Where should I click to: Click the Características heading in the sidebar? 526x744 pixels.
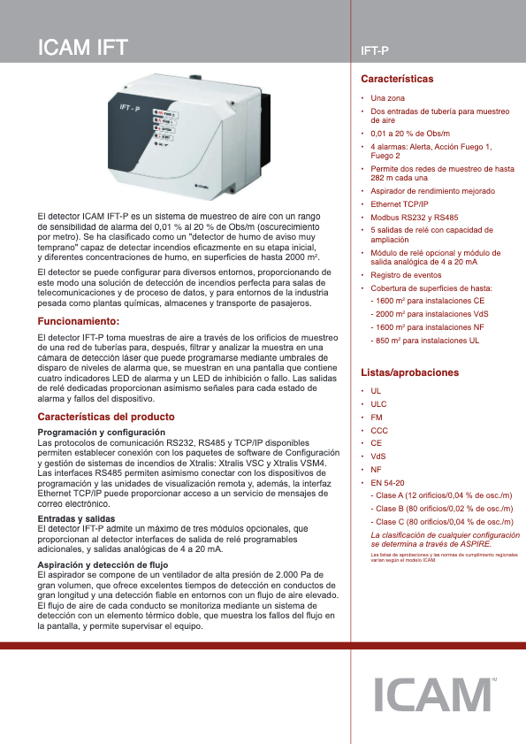pos(398,80)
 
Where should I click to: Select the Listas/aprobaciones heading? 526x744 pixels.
pos(410,372)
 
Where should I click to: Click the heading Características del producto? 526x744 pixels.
pos(105,417)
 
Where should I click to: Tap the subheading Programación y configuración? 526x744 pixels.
pos(101,431)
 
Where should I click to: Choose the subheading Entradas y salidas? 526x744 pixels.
pos(76,518)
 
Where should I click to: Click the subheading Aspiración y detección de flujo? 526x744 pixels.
pos(103,563)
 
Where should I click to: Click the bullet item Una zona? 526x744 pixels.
pos(387,97)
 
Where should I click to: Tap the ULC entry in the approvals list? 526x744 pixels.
pos(378,403)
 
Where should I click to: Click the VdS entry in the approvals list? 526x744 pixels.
pos(378,456)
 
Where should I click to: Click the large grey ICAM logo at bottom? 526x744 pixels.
pos(430,695)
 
